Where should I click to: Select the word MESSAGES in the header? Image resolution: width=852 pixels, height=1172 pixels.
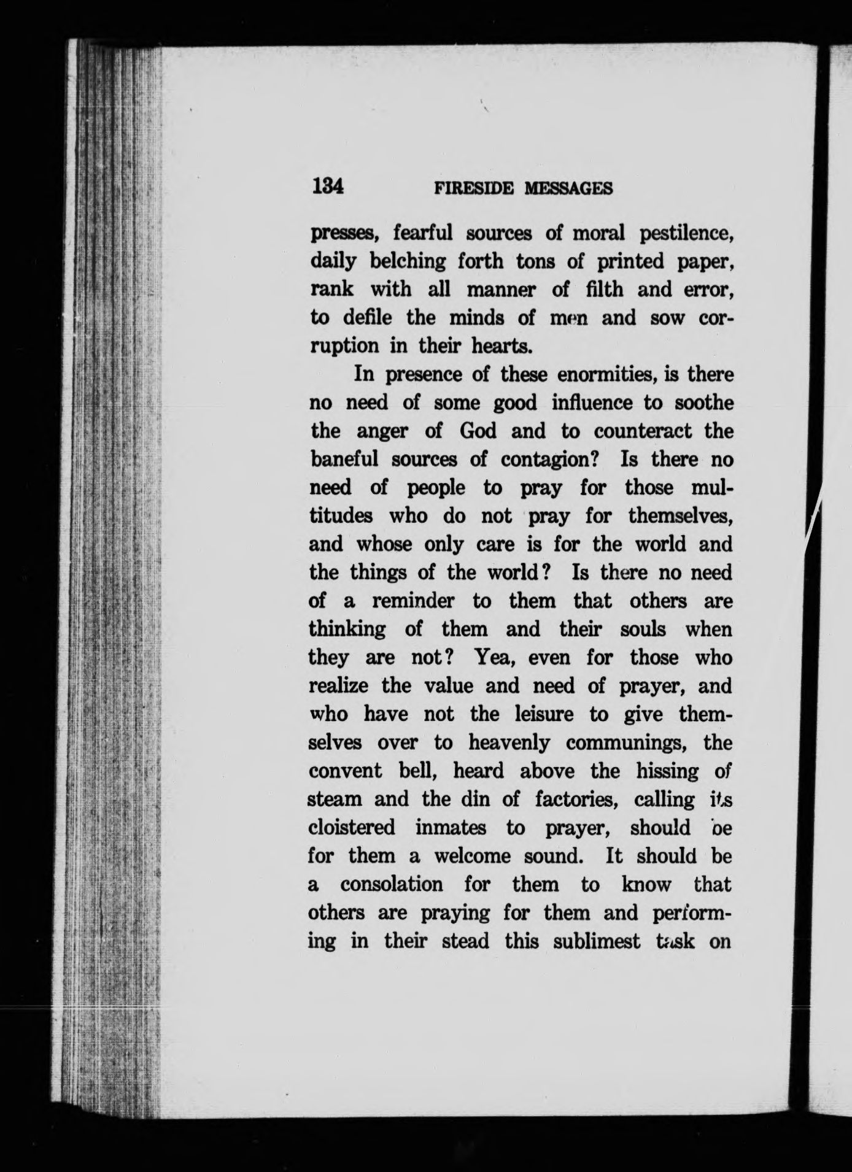pyautogui.click(x=568, y=188)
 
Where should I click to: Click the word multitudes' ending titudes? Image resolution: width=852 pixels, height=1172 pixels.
pyautogui.click(x=341, y=516)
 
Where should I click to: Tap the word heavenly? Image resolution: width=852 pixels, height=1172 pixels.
pyautogui.click(x=509, y=743)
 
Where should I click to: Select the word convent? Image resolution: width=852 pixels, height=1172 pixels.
pyautogui.click(x=344, y=771)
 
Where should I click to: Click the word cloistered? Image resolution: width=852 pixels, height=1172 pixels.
pyautogui.click(x=352, y=828)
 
